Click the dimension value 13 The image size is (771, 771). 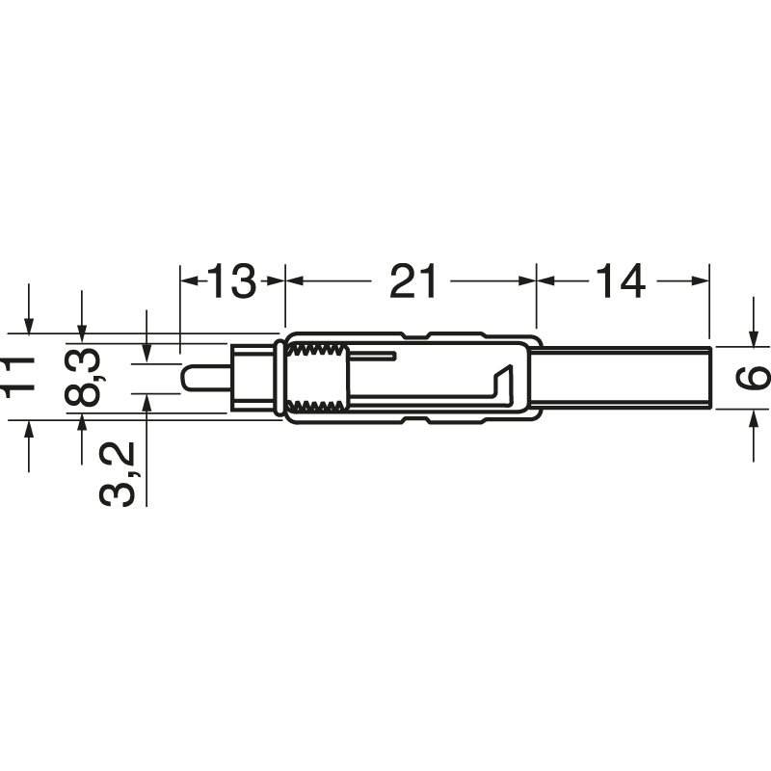point(231,280)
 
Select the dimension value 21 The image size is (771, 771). point(413,280)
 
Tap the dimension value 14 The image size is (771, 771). point(621,280)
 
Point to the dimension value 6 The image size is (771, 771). point(752,377)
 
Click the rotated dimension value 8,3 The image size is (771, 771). point(83,376)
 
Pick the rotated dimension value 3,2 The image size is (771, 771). point(118,474)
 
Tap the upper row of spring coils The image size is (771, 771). point(318,351)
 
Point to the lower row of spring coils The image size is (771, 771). point(318,406)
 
